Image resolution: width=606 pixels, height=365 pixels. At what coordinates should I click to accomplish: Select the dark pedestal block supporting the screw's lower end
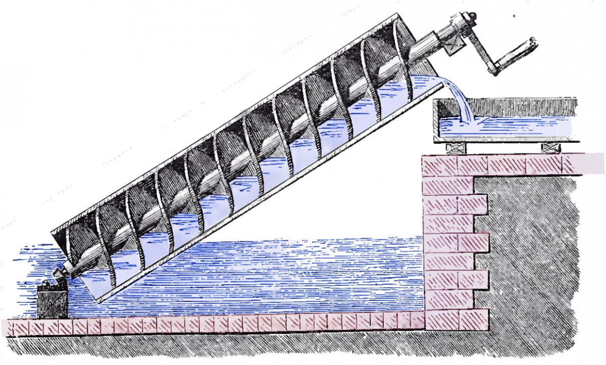52,301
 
